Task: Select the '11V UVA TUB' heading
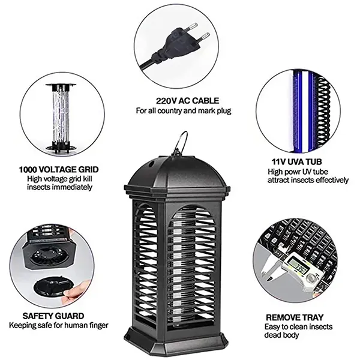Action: coord(295,161)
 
